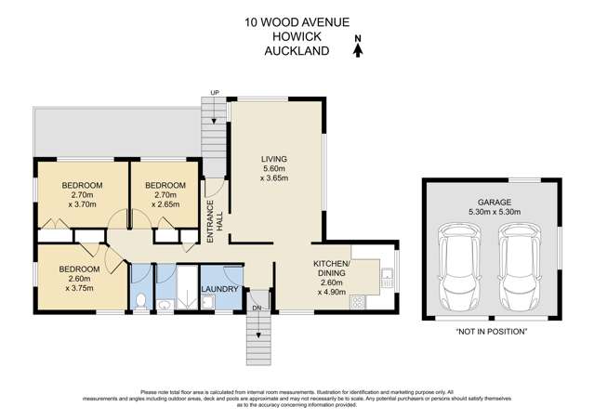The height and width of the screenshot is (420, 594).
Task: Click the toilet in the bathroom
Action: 140,300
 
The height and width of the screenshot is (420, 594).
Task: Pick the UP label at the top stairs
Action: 216,93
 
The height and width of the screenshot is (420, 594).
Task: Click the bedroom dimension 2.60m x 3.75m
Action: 77,282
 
